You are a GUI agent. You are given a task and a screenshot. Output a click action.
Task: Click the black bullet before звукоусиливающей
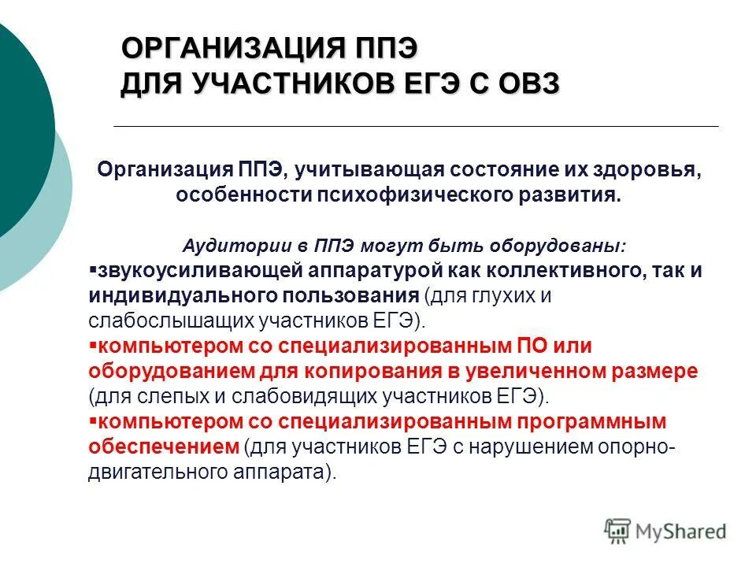(92, 269)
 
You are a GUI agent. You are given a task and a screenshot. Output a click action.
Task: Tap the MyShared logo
(665, 530)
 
